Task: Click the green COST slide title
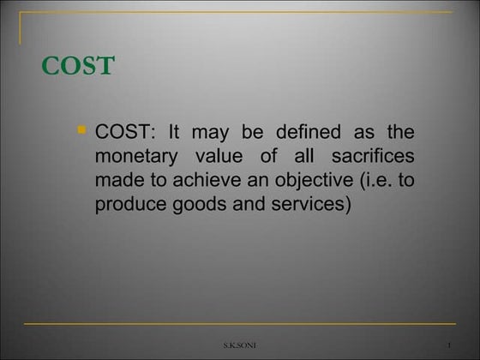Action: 78,66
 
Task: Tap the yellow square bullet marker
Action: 81,131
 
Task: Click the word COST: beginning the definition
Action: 124,134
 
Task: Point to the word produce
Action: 129,207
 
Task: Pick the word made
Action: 117,183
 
